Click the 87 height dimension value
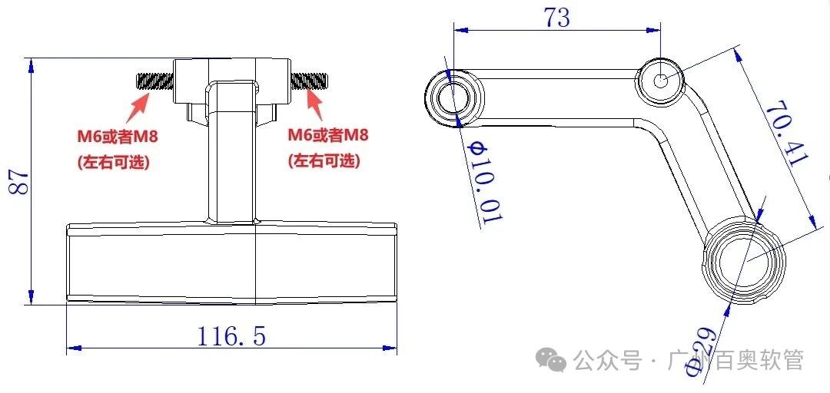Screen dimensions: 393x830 click(x=18, y=182)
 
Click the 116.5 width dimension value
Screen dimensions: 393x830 click(x=231, y=335)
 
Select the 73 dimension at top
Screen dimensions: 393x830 click(x=557, y=18)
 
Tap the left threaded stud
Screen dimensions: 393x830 click(x=154, y=80)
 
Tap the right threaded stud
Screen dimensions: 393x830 click(x=310, y=79)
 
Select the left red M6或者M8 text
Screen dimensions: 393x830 click(x=116, y=137)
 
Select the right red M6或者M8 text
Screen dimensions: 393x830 click(x=328, y=136)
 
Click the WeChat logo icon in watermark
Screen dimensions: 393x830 click(x=551, y=359)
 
